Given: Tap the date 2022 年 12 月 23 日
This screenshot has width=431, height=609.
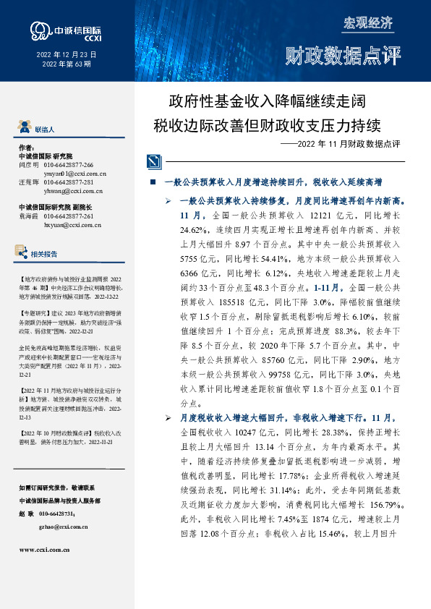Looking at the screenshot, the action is coord(67,55).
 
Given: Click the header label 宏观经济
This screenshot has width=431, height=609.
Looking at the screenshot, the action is coord(367,23).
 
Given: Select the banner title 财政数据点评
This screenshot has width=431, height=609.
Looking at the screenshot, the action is coord(343,55).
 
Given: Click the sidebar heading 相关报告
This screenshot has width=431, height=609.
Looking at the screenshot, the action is coord(45,254).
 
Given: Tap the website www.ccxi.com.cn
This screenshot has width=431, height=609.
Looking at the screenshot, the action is coord(44,550).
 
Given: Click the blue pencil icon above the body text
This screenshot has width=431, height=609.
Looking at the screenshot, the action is coord(153,161).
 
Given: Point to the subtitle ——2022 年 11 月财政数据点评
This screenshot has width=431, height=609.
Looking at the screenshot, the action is coord(339,144).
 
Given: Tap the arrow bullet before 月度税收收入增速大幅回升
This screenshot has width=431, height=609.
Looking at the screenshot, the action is coord(168,417).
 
